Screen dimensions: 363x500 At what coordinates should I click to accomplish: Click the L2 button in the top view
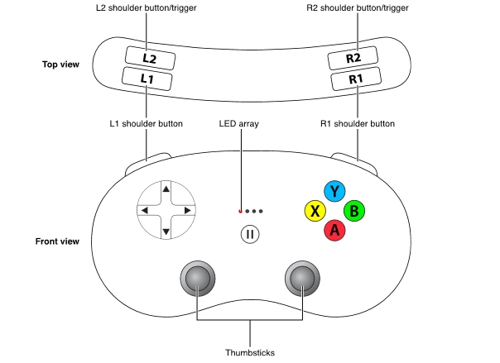click(x=148, y=58)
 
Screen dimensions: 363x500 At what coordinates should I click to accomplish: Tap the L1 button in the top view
click(x=147, y=79)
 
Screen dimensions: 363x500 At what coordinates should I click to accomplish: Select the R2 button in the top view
click(x=355, y=58)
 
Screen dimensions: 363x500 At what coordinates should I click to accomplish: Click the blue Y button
click(x=334, y=192)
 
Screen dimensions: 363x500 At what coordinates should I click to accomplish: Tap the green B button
click(x=354, y=211)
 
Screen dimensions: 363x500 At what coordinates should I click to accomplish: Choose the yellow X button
click(x=314, y=211)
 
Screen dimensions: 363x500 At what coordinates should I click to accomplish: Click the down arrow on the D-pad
click(x=166, y=232)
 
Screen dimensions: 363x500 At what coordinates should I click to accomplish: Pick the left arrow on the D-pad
click(x=145, y=211)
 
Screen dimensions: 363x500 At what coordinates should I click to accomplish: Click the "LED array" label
click(x=239, y=123)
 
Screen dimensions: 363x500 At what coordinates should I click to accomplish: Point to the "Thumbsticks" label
click(x=249, y=352)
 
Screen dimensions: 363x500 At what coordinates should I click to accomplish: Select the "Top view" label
click(x=60, y=64)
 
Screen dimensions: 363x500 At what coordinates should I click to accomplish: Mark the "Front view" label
click(x=57, y=241)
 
